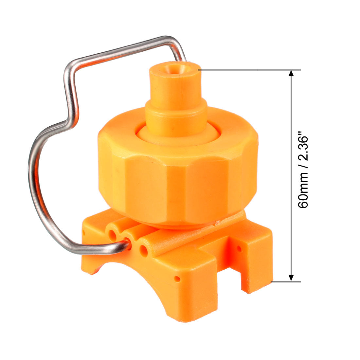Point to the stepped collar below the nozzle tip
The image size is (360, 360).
(176, 117)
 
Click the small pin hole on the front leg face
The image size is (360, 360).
(177, 279)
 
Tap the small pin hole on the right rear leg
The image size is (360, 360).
(239, 248)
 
